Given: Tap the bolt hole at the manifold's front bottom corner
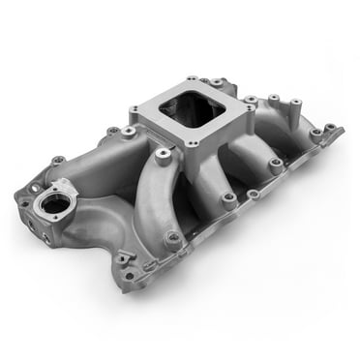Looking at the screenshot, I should pos(123,258).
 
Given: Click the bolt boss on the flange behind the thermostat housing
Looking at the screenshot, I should pos(113,131).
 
